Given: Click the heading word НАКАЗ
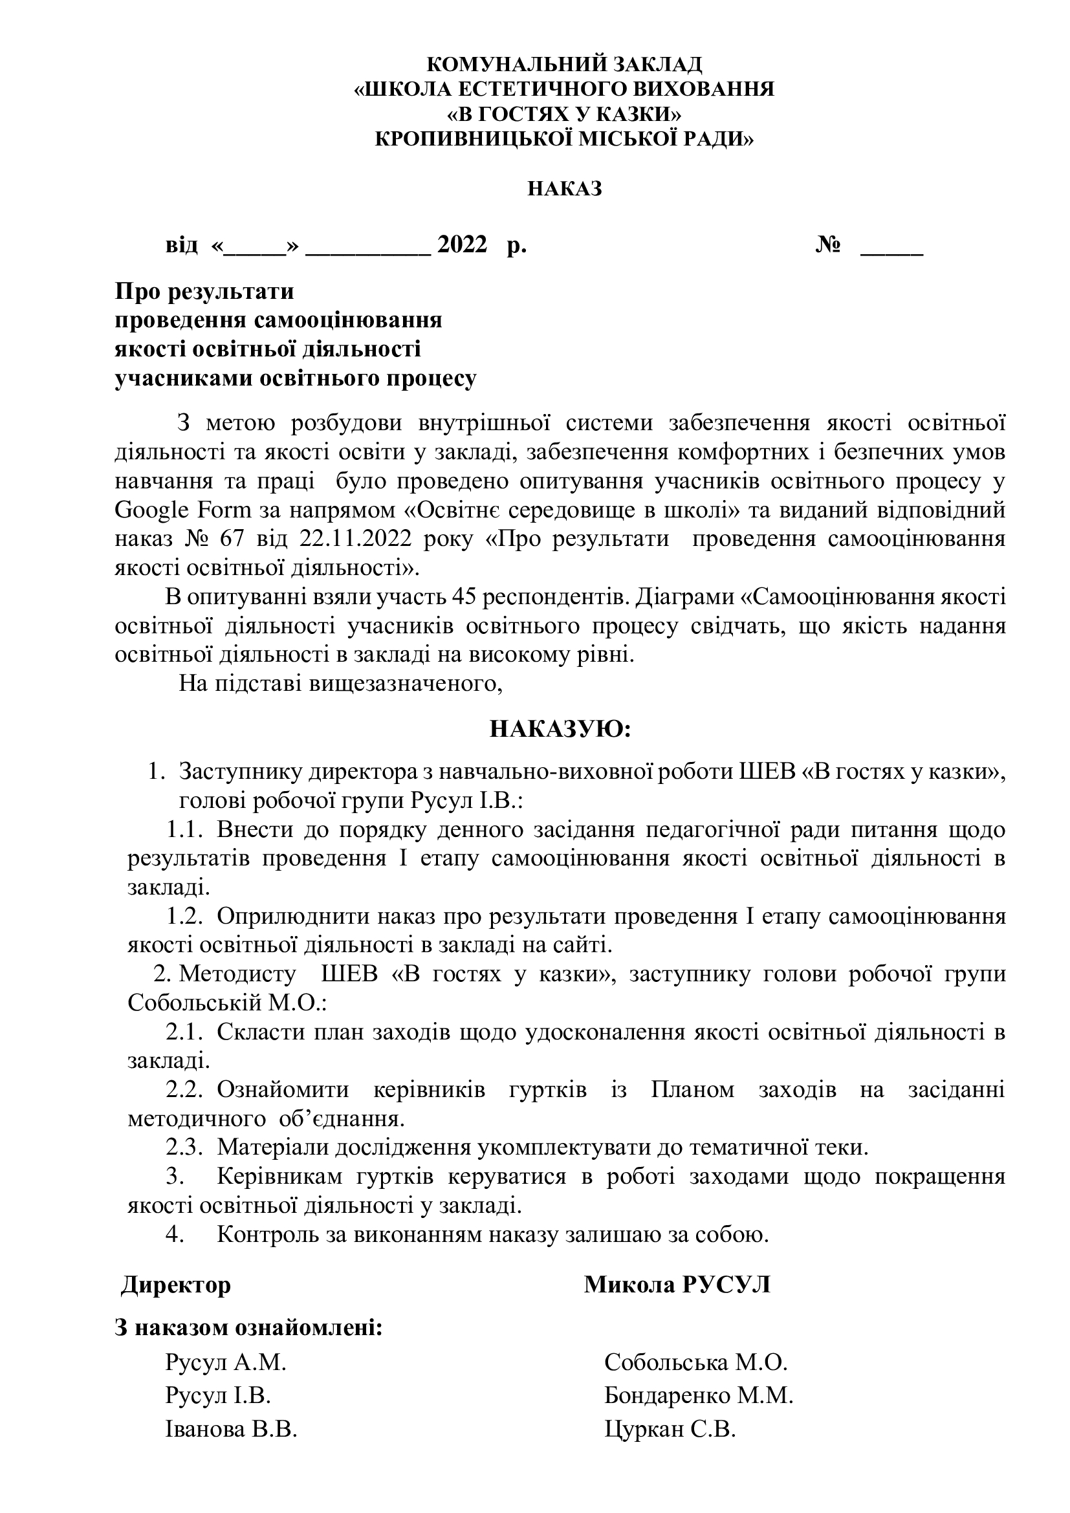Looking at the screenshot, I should tap(565, 189).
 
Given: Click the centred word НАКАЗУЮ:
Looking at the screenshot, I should tap(560, 730).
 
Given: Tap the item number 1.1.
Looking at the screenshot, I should tap(183, 830).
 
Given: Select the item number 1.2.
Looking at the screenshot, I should tap(183, 917).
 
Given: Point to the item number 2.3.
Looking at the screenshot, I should tap(183, 1148).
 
